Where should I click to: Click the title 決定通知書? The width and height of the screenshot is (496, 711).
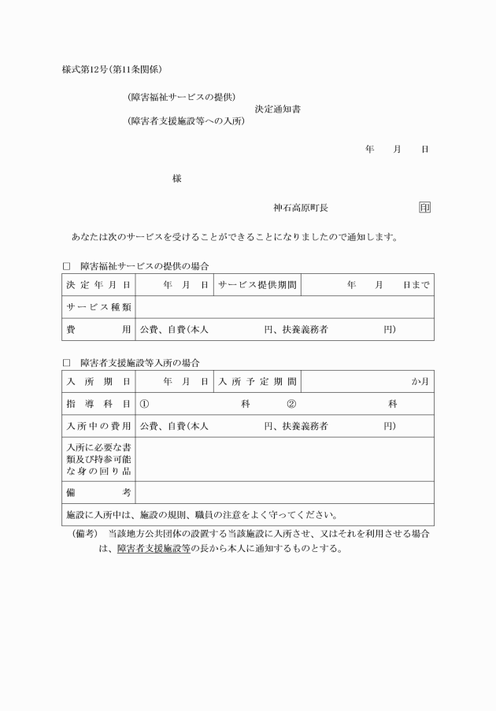[x=277, y=109]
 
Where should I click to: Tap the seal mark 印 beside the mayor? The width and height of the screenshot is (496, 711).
[x=424, y=208]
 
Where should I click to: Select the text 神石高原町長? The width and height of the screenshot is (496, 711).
[x=301, y=208]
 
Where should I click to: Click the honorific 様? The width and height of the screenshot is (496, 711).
[x=177, y=179]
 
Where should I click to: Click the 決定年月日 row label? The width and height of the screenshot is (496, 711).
[x=98, y=284]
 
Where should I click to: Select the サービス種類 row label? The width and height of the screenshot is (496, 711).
[x=98, y=306]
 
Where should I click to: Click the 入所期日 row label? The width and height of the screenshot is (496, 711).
[x=98, y=381]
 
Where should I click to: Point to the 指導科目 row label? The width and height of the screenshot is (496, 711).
[x=98, y=403]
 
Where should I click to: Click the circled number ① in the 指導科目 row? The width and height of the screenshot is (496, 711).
[x=144, y=403]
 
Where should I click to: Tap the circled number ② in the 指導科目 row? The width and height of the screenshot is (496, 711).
[x=291, y=403]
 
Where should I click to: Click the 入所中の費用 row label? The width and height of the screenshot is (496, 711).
[x=98, y=426]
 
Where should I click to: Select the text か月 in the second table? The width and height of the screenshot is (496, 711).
[x=420, y=381]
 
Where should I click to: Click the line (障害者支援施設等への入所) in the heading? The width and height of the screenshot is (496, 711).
[x=185, y=121]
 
